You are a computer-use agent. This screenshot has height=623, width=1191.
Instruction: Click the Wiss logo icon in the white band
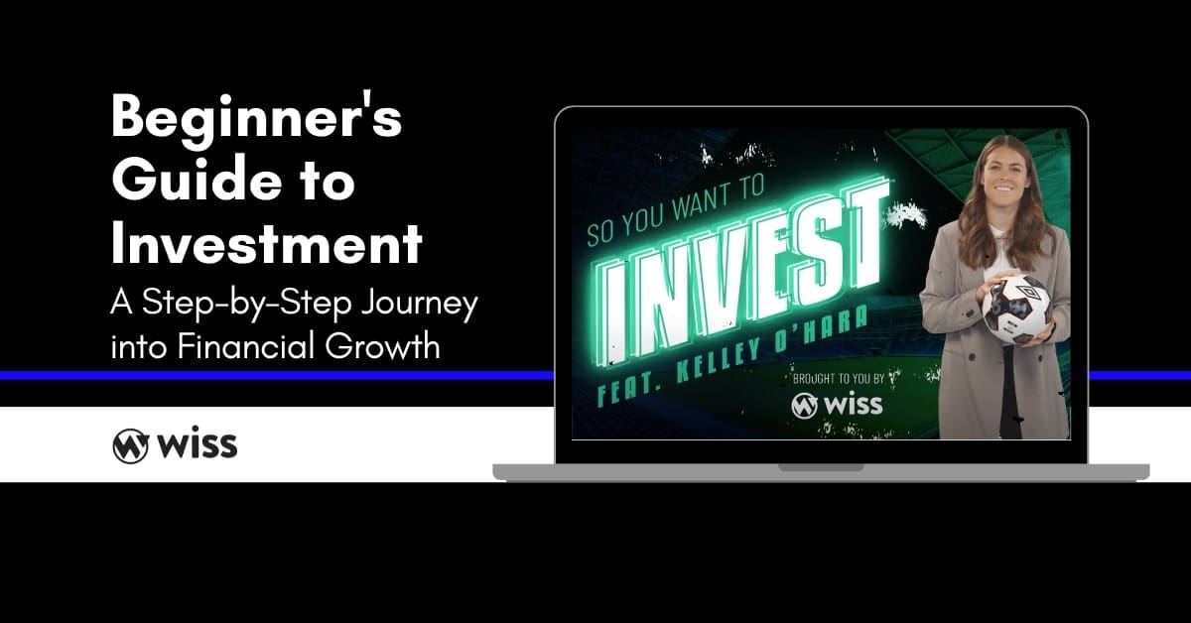click(x=130, y=444)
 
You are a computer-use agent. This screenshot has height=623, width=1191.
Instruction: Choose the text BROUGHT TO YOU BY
click(x=838, y=379)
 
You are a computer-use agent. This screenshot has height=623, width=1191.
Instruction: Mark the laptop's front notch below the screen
click(x=821, y=466)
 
